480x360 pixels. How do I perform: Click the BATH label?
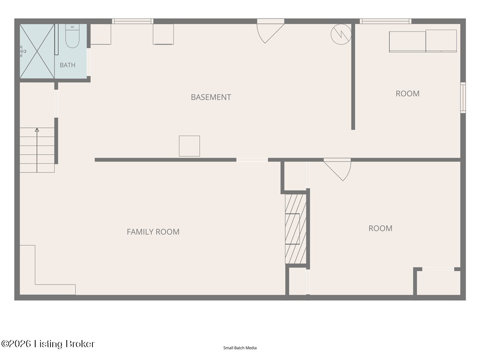(x=67, y=65)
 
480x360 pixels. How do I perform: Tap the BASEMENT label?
(x=211, y=97)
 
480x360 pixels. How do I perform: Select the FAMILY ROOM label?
(x=153, y=232)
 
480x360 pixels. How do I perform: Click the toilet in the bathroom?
(x=72, y=36)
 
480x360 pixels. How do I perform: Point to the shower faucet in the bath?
(x=23, y=51)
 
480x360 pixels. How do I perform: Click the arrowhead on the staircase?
(x=37, y=130)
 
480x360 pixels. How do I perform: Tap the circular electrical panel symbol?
(x=341, y=34)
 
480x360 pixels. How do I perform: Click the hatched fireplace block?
(x=296, y=229)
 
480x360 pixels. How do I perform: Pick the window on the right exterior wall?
(x=463, y=98)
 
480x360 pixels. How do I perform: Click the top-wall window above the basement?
(x=133, y=21)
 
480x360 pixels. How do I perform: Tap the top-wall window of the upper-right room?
(x=386, y=21)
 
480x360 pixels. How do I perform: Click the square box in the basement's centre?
(x=189, y=146)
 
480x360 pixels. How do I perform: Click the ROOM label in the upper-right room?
(x=408, y=94)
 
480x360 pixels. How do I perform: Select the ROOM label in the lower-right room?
(x=380, y=228)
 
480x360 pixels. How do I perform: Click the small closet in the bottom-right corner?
(x=438, y=283)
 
